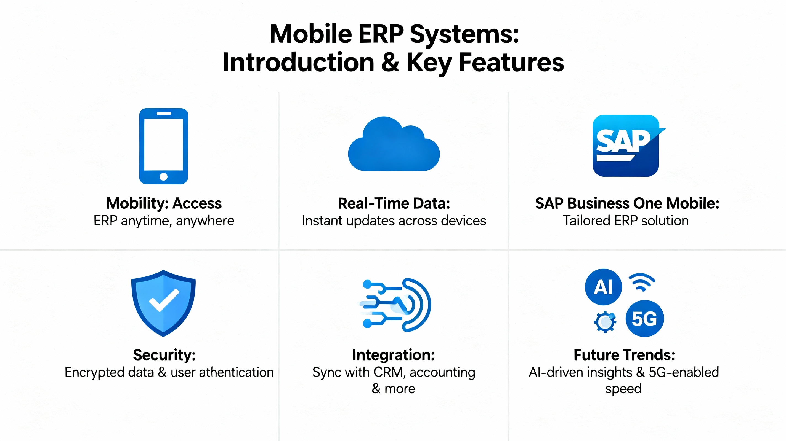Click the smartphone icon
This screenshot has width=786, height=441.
coord(164,146)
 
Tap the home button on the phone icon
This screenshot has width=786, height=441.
coord(164,176)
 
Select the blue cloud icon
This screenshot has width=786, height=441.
coord(394,144)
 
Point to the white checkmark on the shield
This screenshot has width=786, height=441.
coord(164,300)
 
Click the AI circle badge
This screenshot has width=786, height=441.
coord(603,287)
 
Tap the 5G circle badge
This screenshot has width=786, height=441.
coord(644,318)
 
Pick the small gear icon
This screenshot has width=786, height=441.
coord(605,322)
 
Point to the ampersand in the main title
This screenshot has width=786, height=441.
coord(390,62)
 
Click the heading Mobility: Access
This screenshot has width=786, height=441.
coord(164,203)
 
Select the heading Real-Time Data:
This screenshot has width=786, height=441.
coord(394,203)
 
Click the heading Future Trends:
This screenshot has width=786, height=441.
coord(624,355)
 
